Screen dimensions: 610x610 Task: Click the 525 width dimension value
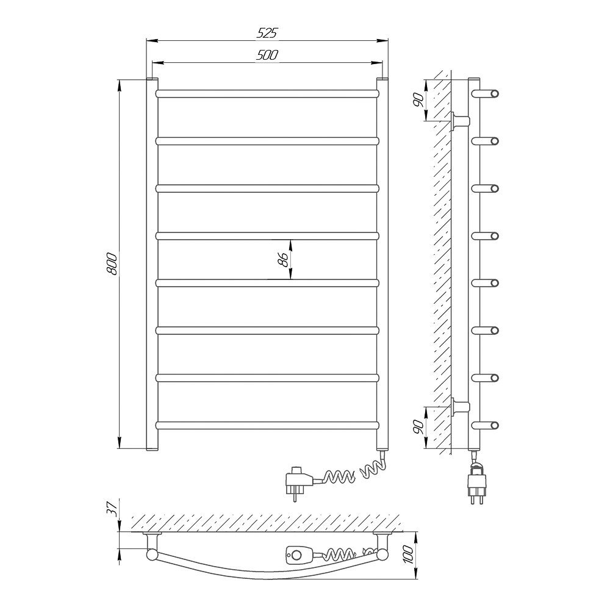point(267,34)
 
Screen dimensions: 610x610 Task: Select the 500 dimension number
point(267,56)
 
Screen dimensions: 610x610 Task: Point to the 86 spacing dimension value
point(284,259)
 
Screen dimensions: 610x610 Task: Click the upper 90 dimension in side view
point(418,101)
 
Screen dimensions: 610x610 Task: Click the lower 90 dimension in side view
point(418,427)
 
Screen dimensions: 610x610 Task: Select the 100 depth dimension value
point(408,555)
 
